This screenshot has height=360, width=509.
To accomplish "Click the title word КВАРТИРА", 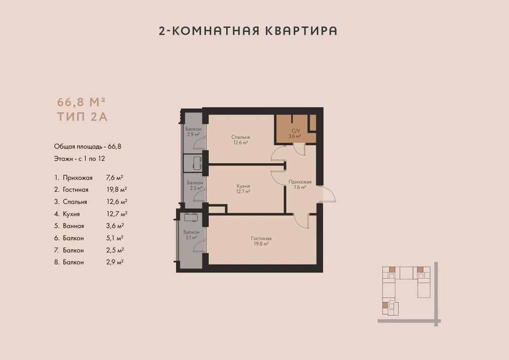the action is click(x=301, y=31).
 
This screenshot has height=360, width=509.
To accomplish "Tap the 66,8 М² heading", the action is click(x=82, y=102).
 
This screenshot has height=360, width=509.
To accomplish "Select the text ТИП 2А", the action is click(x=82, y=116).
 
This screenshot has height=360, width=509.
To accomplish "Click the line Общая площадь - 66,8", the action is click(x=88, y=147).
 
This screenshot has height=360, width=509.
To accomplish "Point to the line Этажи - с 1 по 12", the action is click(x=80, y=159).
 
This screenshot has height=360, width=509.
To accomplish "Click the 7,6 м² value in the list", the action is click(x=115, y=178).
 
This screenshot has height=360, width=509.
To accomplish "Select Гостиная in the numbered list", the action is click(x=75, y=189).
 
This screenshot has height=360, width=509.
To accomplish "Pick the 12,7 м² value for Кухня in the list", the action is click(x=117, y=214).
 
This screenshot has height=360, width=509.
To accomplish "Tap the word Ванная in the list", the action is click(x=74, y=226).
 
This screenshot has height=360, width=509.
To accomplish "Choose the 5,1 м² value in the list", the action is click(x=115, y=238).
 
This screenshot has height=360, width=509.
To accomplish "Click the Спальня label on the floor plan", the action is click(x=240, y=137).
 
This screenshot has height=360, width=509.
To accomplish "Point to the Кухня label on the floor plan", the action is click(x=243, y=186).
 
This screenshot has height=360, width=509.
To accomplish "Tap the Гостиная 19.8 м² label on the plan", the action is click(x=261, y=241).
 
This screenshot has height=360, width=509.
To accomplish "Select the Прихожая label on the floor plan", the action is click(x=300, y=182).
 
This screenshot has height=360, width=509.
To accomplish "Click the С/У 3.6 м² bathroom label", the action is click(x=295, y=133).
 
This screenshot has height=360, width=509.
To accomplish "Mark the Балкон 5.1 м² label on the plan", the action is click(x=191, y=235).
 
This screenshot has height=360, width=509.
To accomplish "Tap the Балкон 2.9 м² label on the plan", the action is click(x=193, y=131).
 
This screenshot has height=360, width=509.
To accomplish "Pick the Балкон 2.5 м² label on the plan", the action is click(x=195, y=185).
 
